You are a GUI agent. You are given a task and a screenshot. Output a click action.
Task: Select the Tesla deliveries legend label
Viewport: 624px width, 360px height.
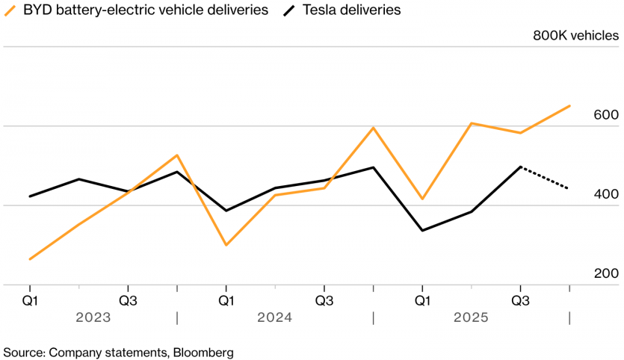click(352, 10)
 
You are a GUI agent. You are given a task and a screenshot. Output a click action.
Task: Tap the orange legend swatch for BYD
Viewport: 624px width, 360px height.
click(10, 10)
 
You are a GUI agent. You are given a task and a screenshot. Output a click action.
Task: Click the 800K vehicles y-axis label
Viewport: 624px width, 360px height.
click(575, 35)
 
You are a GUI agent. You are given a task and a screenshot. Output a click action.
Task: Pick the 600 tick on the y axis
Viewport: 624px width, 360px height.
click(606, 115)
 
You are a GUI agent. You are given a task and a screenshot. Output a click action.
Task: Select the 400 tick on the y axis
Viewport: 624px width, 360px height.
click(606, 194)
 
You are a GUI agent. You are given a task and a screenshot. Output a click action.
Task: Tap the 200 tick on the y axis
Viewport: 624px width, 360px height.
click(606, 273)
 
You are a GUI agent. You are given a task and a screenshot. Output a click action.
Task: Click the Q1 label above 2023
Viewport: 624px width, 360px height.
click(30, 300)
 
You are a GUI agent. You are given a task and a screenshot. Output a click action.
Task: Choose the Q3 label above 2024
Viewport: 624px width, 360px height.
click(324, 300)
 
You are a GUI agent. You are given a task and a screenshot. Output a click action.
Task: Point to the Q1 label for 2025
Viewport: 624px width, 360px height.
click(422, 300)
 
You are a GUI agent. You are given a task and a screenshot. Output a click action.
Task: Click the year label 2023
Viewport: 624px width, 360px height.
click(93, 317)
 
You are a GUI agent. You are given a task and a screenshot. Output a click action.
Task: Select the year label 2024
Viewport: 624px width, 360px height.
click(274, 317)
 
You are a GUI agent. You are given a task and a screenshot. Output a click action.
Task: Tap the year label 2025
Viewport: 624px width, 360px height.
click(471, 317)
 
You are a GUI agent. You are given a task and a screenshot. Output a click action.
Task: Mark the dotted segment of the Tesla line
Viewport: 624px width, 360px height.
click(546, 178)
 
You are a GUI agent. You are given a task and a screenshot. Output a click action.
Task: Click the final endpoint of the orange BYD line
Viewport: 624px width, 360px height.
click(570, 106)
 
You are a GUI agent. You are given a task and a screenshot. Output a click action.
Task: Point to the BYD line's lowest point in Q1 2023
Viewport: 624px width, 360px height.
click(30, 259)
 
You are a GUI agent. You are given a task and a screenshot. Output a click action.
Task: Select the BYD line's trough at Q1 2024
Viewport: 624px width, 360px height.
click(226, 245)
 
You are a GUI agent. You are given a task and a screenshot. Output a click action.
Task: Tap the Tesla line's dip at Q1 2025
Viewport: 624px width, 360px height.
click(422, 230)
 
